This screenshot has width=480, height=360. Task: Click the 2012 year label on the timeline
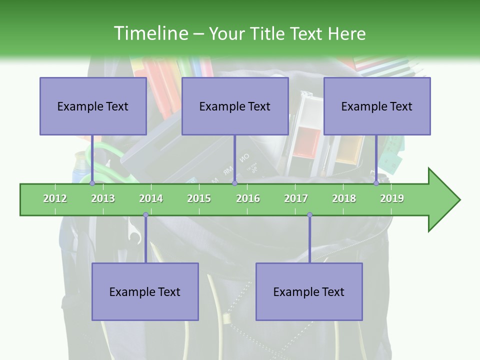(55, 198)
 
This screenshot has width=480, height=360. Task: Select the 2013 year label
(103, 198)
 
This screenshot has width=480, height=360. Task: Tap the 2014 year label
(151, 198)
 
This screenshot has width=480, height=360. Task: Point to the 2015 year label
(199, 198)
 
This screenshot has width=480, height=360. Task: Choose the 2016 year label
(248, 198)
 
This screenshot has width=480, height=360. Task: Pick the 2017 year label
(296, 198)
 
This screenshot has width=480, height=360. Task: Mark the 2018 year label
(344, 198)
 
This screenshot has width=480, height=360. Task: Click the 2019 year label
(392, 198)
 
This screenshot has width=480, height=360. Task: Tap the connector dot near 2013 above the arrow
(92, 183)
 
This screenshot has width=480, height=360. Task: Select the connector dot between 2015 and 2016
(234, 183)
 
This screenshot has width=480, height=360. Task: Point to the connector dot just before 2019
(376, 183)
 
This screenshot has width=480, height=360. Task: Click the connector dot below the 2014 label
(145, 215)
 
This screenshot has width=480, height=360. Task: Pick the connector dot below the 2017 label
(309, 215)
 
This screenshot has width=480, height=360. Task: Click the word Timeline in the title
(150, 33)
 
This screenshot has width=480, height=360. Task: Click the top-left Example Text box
(93, 106)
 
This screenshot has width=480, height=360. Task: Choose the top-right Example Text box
(377, 106)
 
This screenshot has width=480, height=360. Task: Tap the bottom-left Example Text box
(145, 291)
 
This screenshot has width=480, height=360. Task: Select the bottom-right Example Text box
(309, 291)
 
